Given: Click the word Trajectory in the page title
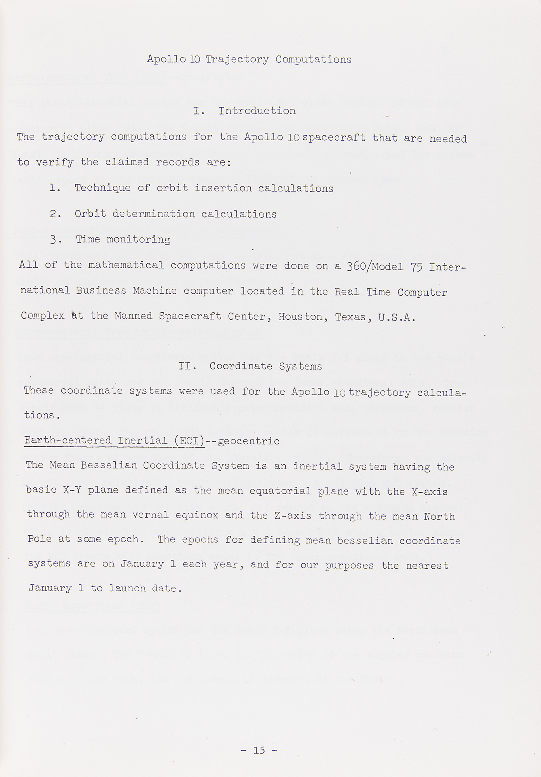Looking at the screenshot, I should click(x=237, y=59).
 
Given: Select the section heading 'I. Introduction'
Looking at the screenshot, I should click(x=244, y=111).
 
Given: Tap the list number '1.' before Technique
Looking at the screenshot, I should click(x=55, y=188).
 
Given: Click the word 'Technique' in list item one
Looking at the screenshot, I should click(x=102, y=188).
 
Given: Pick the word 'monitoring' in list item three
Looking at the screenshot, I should click(x=139, y=240).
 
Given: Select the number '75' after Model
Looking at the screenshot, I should click(x=416, y=267).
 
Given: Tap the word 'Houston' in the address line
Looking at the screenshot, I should click(x=300, y=317).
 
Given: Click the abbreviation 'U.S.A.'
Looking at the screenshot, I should click(x=397, y=318).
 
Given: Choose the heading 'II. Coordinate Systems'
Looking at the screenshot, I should click(x=250, y=366).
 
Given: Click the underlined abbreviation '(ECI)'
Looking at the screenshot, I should click(x=189, y=441).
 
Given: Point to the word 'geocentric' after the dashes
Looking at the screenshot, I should click(x=249, y=441).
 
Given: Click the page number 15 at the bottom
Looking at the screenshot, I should click(x=259, y=750).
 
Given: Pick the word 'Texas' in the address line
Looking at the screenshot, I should click(x=350, y=317).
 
